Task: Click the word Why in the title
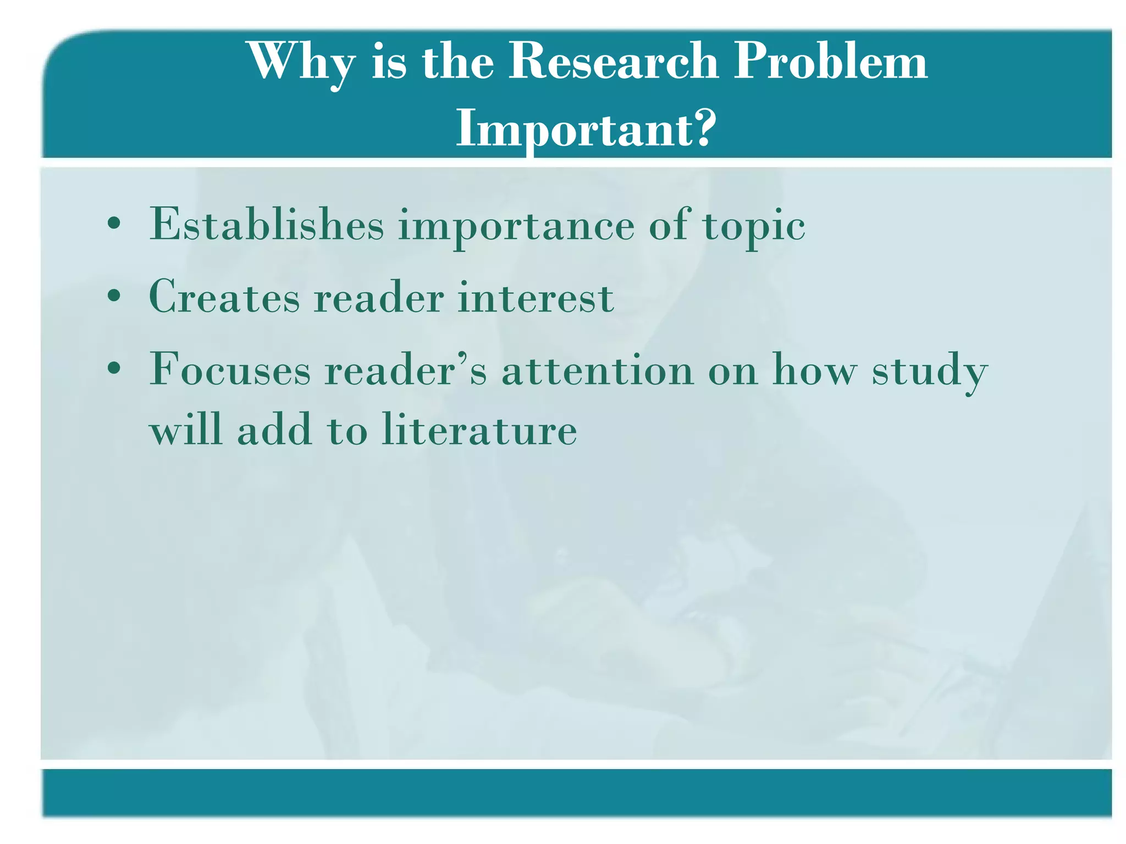tap(302, 62)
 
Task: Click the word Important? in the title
tap(586, 129)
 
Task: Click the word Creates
tap(224, 297)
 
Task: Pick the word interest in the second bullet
tap(536, 297)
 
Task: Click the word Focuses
tap(230, 370)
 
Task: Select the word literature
tap(479, 430)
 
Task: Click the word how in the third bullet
tap(814, 370)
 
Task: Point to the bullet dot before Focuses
tap(114, 369)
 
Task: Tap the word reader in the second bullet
tap(379, 297)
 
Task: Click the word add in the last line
tap(275, 430)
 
